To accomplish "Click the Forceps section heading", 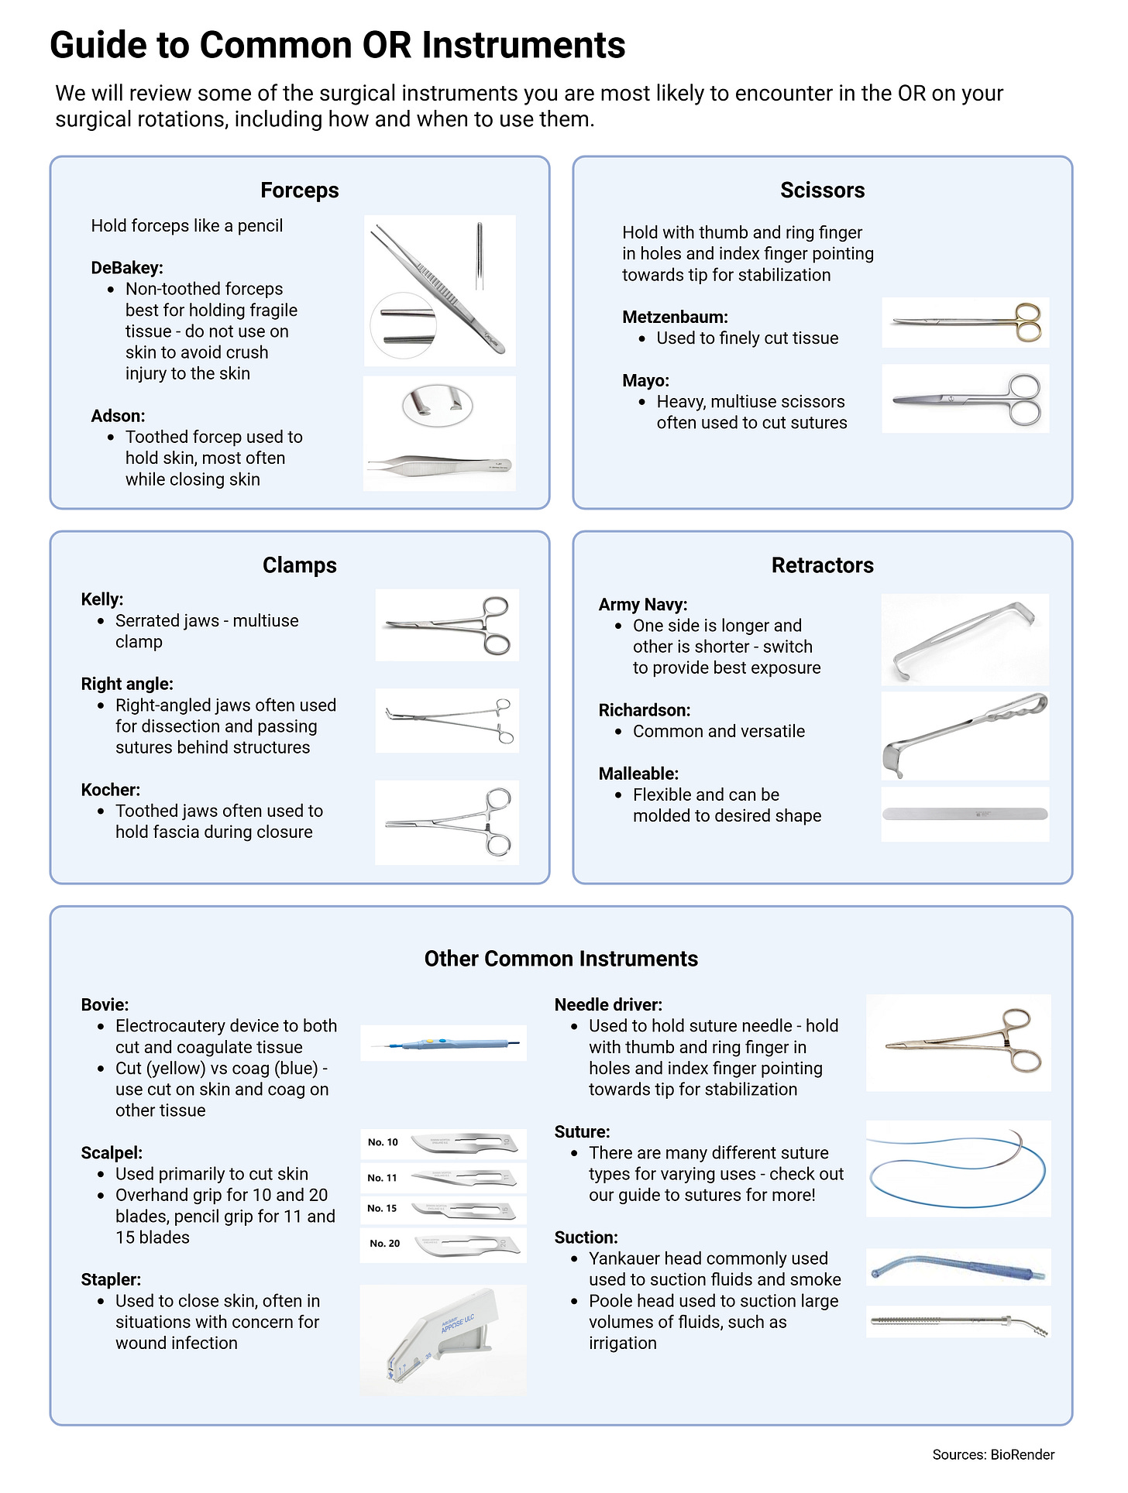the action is tap(300, 190).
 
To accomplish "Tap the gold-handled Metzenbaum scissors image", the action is tap(965, 322).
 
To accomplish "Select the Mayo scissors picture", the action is tap(965, 399).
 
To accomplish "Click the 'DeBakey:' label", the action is tap(127, 268).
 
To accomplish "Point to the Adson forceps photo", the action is tap(439, 434).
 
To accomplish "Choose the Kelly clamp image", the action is tap(447, 625).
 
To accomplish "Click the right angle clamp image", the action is tap(447, 721).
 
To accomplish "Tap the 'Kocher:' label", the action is tap(111, 790).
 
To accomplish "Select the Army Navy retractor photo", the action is tap(965, 640).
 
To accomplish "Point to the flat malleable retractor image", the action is tap(965, 814).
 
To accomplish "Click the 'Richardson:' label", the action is tap(645, 710).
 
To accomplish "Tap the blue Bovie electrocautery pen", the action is tap(443, 1043).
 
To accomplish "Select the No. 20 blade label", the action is tap(384, 1243).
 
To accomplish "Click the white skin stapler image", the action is tap(443, 1340).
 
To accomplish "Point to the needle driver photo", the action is tap(958, 1043).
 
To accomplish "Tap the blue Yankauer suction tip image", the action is tap(958, 1267).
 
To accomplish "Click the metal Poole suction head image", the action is tap(958, 1322).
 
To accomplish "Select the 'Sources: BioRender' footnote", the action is tap(993, 1454).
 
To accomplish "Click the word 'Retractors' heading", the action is tap(822, 565).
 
